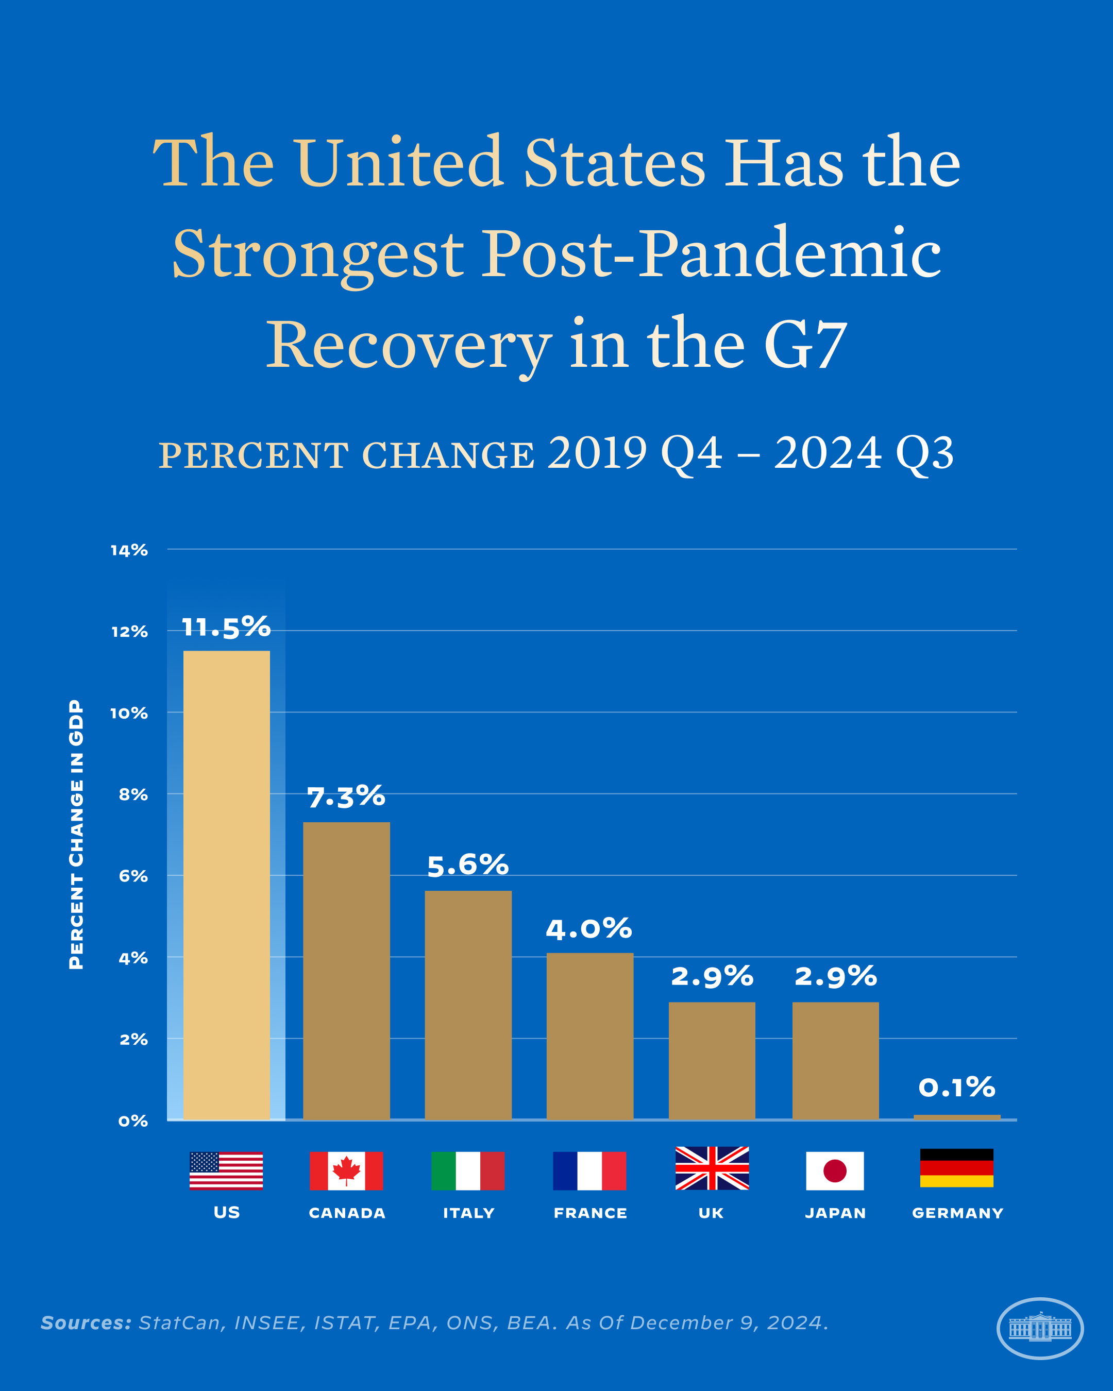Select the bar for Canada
click(346, 971)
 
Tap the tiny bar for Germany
click(957, 1117)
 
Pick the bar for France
click(589, 1036)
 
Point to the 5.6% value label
click(468, 865)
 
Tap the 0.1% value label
click(957, 1088)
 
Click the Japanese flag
click(835, 1171)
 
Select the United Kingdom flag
click(712, 1168)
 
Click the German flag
click(956, 1168)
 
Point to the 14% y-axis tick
click(129, 550)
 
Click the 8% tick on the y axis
click(133, 795)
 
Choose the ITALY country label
click(468, 1213)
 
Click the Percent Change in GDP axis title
click(76, 834)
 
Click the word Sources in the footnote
click(86, 1322)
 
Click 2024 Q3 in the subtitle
click(863, 453)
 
